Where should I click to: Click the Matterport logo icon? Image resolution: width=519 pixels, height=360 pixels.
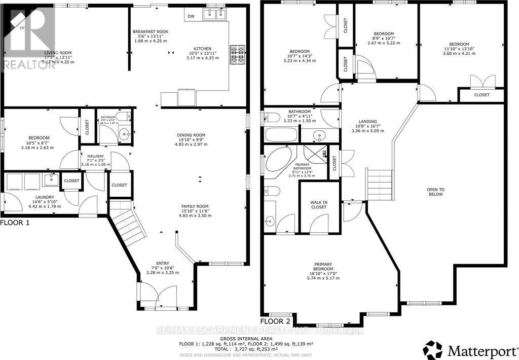pos(433,349)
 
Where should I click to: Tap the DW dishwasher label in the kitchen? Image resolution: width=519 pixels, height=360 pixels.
pos(191,16)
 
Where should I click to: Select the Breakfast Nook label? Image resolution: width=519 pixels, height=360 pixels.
pos(151,31)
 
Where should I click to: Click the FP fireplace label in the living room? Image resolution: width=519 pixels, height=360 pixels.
pos(22,28)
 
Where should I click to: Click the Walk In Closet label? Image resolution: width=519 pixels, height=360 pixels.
pos(319,204)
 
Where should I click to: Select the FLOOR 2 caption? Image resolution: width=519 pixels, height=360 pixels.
pos(276,321)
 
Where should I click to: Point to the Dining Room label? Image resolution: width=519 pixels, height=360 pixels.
pos(191,135)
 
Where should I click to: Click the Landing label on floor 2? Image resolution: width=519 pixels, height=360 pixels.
pos(367,122)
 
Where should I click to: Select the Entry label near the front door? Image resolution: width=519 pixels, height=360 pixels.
pos(163,263)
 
